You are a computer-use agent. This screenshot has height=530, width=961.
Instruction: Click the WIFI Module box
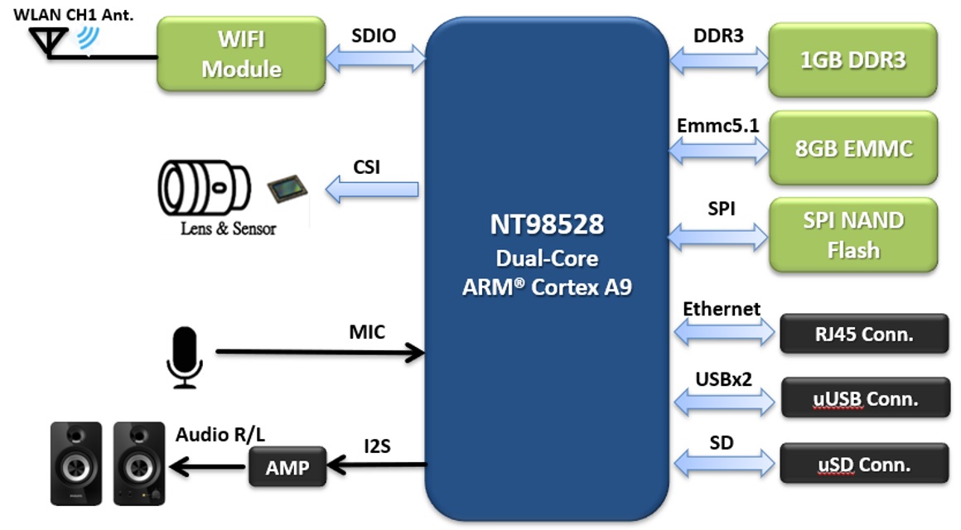coord(240,54)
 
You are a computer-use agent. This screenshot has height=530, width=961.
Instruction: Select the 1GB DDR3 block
coord(852,60)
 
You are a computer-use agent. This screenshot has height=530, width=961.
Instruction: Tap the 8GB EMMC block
coord(852,148)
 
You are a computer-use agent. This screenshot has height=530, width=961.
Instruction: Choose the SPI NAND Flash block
coord(852,235)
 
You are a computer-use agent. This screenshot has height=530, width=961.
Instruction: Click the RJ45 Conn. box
coord(863,335)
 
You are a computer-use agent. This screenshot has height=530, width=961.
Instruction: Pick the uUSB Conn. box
coord(864,398)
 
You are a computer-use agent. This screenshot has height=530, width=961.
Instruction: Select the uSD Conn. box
coord(863,464)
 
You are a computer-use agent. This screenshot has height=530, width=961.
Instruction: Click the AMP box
coord(287,467)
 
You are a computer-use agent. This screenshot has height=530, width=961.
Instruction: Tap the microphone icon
coord(185,357)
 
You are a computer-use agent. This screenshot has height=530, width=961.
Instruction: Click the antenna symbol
coord(49,41)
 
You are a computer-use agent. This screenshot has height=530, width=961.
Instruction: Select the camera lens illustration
coord(204,188)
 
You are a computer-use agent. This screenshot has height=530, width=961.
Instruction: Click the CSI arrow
coord(371,190)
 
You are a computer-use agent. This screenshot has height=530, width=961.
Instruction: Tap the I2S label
coord(376,446)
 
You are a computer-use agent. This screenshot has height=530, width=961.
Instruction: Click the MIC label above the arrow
coord(366,332)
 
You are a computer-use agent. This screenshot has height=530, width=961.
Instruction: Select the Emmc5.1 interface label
coord(717,126)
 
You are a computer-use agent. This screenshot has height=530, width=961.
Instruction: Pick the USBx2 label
coord(723,378)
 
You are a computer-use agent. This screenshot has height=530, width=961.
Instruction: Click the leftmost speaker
coord(76,464)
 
